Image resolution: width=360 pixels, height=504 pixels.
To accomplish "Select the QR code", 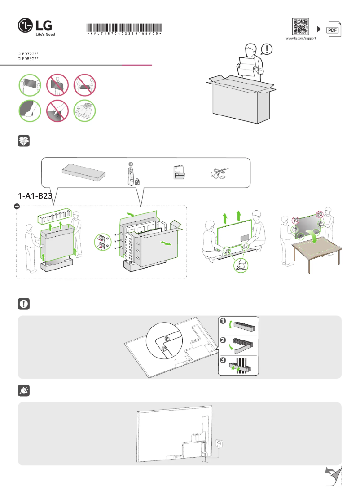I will point(300,27).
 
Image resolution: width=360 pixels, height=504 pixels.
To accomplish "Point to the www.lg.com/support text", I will point(301,39).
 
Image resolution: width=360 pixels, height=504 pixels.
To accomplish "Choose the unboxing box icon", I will point(24,141).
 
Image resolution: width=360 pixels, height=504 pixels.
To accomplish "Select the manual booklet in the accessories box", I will point(179,172).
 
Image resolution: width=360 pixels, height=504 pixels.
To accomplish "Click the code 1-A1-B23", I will point(35,196).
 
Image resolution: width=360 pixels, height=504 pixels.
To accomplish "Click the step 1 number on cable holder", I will point(223,321).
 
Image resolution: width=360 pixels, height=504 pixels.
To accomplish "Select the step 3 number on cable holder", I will point(223,360).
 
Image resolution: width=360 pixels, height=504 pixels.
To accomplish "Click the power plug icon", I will point(24,391).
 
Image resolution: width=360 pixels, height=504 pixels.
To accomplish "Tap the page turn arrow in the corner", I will point(333,475).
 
